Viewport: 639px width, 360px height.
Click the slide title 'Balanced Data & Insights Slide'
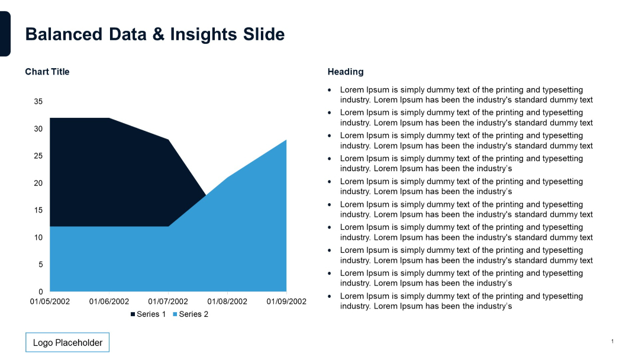click(154, 34)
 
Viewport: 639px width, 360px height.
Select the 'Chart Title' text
click(47, 72)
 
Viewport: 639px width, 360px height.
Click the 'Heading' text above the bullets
click(346, 72)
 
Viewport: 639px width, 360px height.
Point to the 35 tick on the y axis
click(38, 102)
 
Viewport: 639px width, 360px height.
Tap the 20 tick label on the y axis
click(38, 183)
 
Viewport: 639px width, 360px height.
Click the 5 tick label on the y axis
click(41, 265)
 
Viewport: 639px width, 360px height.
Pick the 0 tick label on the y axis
click(41, 291)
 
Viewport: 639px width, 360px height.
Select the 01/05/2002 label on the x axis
click(50, 301)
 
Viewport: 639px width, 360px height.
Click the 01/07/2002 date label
click(168, 301)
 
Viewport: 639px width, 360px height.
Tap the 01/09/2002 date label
click(286, 301)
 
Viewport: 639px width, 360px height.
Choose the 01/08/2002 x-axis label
click(227, 301)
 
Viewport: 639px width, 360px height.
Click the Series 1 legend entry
click(148, 314)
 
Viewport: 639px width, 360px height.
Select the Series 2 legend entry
click(191, 314)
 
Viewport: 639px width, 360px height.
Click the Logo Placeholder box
click(67, 342)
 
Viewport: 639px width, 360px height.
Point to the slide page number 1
click(612, 341)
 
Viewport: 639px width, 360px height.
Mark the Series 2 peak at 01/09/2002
click(286, 140)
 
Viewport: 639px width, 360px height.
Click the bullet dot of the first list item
click(330, 90)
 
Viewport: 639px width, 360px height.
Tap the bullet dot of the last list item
click(330, 296)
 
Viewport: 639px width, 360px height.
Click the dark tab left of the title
click(5, 34)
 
